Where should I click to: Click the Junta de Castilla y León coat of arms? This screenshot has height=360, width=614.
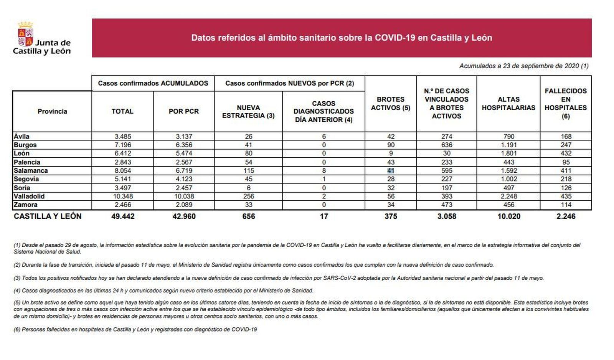tap(25, 34)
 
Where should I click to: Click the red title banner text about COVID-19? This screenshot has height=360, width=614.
tap(342, 38)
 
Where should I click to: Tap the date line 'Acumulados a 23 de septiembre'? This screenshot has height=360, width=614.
tap(523, 66)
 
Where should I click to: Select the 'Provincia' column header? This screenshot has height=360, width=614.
tap(52, 111)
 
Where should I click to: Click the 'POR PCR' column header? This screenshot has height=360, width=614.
tap(183, 111)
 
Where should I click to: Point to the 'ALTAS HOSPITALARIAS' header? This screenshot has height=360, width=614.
tap(508, 104)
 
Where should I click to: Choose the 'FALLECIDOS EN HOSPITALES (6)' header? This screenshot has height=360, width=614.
tap(565, 104)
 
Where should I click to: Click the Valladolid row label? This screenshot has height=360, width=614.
tap(29, 196)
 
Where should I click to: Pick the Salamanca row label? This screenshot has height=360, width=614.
tap(31, 170)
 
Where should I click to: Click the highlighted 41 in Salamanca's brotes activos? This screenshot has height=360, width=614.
tap(391, 170)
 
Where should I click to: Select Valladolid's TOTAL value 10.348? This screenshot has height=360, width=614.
tap(122, 196)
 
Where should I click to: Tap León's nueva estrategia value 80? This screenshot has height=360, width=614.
tap(248, 153)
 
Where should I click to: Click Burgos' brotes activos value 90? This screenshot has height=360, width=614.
tap(391, 145)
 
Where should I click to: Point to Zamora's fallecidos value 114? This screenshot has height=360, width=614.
tap(566, 205)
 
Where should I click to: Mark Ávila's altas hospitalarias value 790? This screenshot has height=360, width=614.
tap(508, 136)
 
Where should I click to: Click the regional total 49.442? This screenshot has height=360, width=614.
tap(123, 216)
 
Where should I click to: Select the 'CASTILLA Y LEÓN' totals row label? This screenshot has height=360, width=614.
tap(48, 216)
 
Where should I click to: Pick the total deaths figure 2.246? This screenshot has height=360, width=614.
tap(566, 216)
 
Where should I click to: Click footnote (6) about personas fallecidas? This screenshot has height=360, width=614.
tap(135, 329)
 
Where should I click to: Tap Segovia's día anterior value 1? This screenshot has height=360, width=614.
tap(324, 179)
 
